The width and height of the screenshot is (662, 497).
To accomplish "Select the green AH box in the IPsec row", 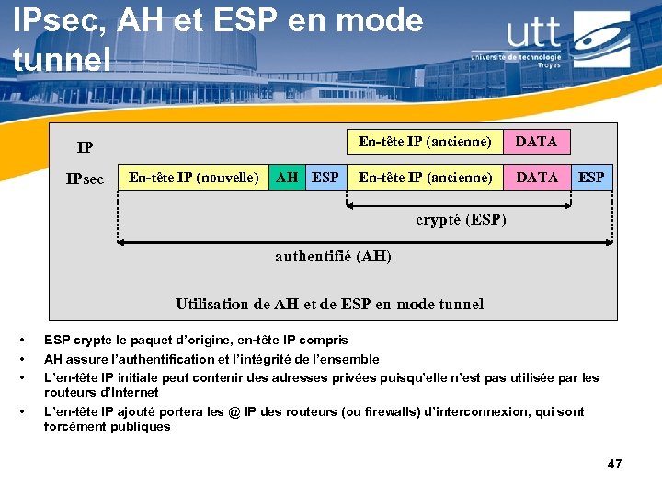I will coord(287,177).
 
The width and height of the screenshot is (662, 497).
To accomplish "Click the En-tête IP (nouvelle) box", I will coord(194,177).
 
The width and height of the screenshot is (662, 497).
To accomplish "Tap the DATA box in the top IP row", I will coord(536,142).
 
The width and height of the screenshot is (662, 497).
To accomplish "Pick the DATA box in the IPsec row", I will coord(536,177).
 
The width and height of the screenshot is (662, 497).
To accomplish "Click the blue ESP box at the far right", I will coord(591,177).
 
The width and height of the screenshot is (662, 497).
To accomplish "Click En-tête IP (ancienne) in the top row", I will coord(425,142).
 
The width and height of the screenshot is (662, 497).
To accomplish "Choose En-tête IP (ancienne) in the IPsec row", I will coord(425,177).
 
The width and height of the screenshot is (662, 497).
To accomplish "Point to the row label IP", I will coord(85,147).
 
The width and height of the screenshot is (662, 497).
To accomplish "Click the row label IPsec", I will coord(85,179).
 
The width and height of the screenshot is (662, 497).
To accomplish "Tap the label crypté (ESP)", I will coord(461,220).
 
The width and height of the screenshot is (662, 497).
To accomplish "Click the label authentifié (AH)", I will coord(333,257).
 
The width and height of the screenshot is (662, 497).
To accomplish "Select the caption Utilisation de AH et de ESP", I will coord(329,304).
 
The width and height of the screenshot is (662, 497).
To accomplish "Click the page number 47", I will coord(614,465).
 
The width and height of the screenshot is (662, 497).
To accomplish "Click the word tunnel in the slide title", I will coord(61,59).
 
